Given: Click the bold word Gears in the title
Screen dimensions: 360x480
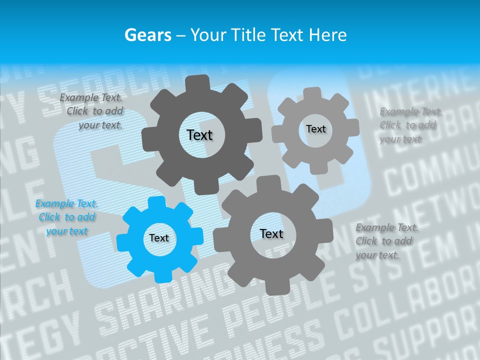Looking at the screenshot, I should [147, 35].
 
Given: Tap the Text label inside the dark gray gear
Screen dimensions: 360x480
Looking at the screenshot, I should [199, 135].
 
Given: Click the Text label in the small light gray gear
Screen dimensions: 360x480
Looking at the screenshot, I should [315, 129].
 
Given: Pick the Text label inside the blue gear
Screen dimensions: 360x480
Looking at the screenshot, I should [159, 238].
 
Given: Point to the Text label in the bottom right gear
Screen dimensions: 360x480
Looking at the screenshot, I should [271, 234].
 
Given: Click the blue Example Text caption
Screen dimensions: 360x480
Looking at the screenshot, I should [66, 217].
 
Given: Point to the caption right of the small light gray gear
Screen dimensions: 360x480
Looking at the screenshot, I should [410, 125].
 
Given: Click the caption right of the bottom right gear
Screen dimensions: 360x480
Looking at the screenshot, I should [386, 241].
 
